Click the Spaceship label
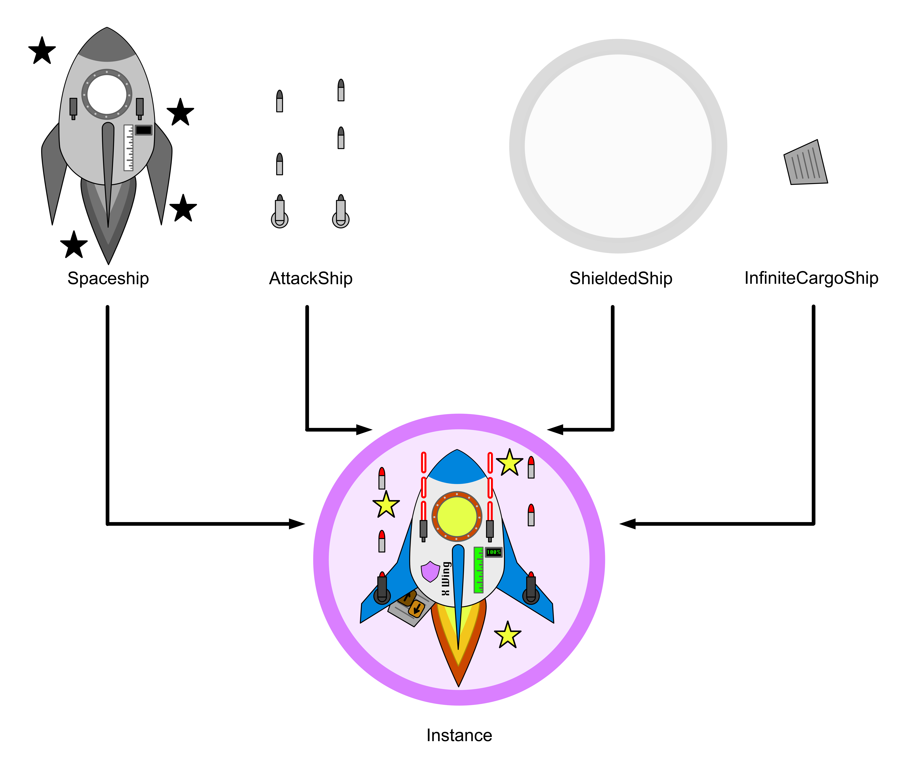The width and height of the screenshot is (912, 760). point(108,278)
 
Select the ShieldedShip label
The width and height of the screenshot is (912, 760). point(621,278)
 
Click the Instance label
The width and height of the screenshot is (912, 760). point(459,735)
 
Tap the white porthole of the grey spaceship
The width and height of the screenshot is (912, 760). point(107,94)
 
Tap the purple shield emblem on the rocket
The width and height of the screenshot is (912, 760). point(430,572)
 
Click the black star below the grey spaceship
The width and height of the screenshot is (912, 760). point(74,245)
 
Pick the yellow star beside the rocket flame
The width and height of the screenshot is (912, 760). point(507,635)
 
